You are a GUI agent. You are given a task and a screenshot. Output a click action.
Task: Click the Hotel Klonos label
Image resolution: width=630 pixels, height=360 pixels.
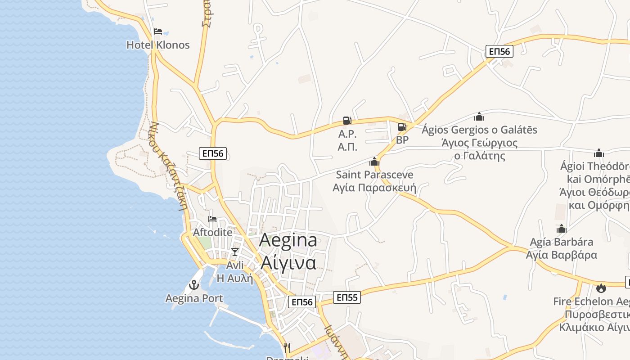coord(158,45)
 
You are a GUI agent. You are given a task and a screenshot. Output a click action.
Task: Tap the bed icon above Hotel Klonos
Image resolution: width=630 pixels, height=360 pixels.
coord(157,31)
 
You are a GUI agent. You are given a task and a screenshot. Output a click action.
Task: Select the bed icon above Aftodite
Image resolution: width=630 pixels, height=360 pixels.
coord(212,219)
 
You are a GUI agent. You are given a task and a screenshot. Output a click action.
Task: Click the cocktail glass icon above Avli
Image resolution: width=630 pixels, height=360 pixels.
coord(234,252)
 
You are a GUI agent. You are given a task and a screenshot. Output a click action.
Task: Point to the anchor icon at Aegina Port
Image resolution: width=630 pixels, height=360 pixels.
coord(194,285)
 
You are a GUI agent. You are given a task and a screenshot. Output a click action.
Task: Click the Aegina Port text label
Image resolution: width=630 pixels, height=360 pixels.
coord(194,298)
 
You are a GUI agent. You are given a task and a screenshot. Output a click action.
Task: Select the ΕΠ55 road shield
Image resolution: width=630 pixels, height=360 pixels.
coord(347,297)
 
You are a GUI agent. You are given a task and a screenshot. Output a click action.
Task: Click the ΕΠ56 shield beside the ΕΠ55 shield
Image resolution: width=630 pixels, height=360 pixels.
coord(302,302)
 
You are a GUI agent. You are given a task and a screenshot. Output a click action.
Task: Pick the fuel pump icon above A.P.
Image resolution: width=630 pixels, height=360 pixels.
coord(347,121)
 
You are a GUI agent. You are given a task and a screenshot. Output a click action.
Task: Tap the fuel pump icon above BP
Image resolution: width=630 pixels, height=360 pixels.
coord(402,127)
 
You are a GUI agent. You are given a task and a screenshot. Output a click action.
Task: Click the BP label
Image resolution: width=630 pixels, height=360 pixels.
coord(402,140)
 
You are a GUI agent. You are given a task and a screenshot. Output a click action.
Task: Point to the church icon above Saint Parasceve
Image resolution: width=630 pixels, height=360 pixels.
coord(374,162)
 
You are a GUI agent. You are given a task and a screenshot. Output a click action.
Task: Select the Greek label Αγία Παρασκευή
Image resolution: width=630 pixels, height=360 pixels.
coord(374,187)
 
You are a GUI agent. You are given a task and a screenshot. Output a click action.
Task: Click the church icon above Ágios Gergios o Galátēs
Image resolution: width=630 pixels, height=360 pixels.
coord(479,117)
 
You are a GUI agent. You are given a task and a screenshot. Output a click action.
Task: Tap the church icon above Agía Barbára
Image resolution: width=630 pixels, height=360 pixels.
coord(561,229)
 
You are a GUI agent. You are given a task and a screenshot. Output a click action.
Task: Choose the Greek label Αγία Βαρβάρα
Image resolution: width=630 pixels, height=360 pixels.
coord(562,255)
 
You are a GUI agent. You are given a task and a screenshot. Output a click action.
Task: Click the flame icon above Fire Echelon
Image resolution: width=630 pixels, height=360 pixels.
coord(601,288)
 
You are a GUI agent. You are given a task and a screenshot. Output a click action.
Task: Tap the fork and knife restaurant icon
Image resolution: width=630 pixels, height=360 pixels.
coord(287,347)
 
